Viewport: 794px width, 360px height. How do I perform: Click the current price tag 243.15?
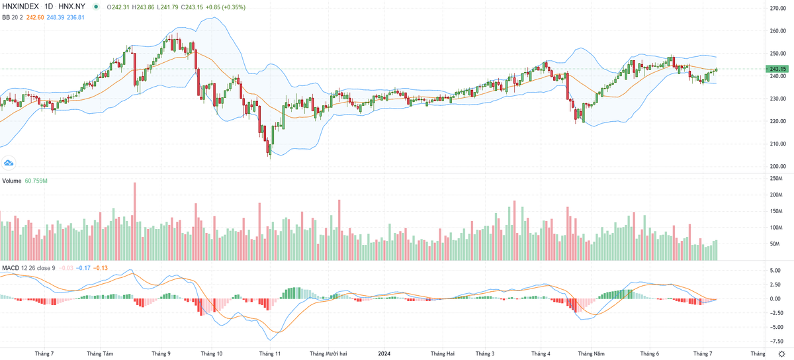[x=776, y=69]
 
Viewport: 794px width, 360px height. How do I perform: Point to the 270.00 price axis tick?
[x=777, y=8]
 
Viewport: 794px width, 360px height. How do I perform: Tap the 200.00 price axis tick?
[x=777, y=167]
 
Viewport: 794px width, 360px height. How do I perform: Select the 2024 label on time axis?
[x=384, y=354]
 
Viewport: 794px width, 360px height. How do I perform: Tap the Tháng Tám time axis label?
[x=99, y=354]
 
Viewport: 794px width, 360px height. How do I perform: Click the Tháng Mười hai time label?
[x=328, y=354]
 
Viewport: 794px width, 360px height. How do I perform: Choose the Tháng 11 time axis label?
[x=270, y=354]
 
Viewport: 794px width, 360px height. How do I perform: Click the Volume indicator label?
[x=11, y=180]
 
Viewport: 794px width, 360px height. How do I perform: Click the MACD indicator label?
[x=10, y=267]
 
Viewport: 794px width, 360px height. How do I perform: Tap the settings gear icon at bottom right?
[x=781, y=354]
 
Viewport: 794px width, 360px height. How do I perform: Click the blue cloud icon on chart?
[x=9, y=162]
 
